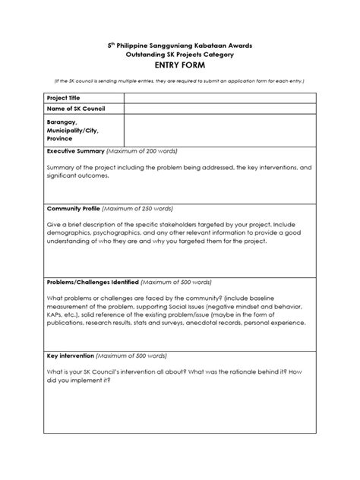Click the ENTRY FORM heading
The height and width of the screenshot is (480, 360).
pyautogui.click(x=180, y=66)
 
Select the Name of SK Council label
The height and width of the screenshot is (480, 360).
pyautogui.click(x=76, y=109)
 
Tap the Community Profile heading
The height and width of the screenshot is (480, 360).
pyautogui.click(x=74, y=207)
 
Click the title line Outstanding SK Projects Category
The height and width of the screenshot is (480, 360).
pyautogui.click(x=180, y=55)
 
